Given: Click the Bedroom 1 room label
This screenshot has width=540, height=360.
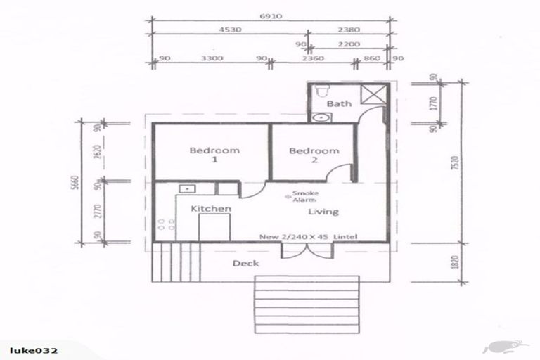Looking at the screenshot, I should click(214, 155).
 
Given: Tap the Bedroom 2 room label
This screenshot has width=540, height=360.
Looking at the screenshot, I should click(314, 155).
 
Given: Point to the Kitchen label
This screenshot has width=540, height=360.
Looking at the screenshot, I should click(212, 209).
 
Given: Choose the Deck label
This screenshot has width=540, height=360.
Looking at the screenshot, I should click(245, 264).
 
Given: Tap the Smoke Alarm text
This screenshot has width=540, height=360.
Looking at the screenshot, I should click(305, 196).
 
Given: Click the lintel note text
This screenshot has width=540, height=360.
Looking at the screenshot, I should click(307, 236).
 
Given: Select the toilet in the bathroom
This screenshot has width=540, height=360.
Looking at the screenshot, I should click(321, 90).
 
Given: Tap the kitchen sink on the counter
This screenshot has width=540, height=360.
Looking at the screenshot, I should click(188, 188).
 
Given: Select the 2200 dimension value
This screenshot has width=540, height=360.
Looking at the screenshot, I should click(349, 44).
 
